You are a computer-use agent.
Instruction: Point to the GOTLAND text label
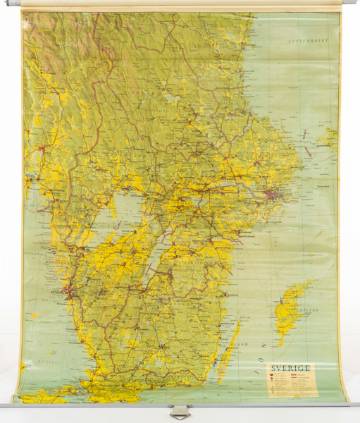coord(307,309)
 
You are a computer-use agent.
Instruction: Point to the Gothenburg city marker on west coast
coord(66,288)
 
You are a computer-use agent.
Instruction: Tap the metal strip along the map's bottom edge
coord(106,405)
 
